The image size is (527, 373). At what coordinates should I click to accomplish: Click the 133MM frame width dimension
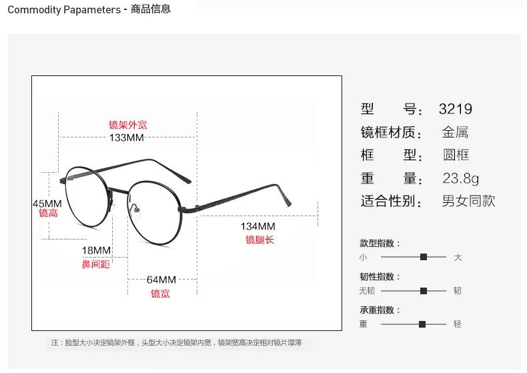coord(126,137)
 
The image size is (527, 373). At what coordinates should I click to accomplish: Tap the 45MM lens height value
coord(47,204)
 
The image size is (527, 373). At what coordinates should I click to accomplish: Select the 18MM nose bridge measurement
coord(96,250)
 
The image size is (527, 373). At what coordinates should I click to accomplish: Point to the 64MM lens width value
coord(161,280)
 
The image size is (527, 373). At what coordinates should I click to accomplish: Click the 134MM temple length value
coord(257,226)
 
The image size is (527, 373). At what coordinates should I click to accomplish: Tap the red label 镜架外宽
coord(128,125)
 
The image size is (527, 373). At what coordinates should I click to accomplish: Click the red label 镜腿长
coord(259,240)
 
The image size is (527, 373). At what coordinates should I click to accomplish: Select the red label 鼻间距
coord(96,264)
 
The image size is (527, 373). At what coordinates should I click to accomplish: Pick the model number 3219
coord(456,109)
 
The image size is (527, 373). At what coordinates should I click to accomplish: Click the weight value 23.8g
coord(461,178)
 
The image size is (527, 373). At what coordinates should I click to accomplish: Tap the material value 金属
coord(456,132)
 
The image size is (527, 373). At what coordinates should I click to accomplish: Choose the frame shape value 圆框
coord(456,155)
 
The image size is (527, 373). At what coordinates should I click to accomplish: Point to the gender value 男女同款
coord(469,201)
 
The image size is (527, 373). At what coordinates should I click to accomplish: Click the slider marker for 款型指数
coord(424,257)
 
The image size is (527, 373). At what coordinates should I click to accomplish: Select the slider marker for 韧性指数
coord(424,291)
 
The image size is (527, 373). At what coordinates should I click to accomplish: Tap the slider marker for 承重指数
coord(422,324)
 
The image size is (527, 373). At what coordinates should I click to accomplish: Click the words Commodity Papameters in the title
coord(64,10)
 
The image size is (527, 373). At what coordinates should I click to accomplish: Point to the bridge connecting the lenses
coord(118,191)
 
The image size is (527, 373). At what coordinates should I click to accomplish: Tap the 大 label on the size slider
coord(458,258)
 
